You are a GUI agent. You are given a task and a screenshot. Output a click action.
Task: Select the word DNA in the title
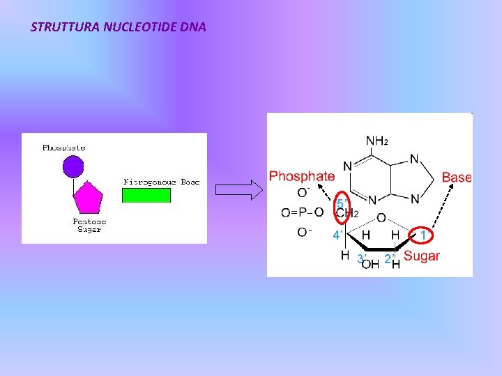coord(192,28)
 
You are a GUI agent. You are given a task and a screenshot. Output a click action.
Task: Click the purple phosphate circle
coord(73,166)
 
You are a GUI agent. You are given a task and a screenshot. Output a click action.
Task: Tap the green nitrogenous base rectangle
coord(146,195)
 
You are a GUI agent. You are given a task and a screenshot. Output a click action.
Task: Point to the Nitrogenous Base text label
coord(161,182)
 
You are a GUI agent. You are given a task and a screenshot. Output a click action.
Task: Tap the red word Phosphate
coord(301,176)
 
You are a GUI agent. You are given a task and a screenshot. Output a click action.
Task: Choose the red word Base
coord(457,178)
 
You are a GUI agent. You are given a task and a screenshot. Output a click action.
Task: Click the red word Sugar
coord(422,256)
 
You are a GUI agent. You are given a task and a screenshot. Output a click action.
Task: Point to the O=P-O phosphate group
coord(302,212)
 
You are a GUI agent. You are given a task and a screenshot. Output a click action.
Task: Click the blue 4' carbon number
coord(337,235)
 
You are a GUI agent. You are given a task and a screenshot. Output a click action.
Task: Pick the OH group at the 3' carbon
coord(370,263)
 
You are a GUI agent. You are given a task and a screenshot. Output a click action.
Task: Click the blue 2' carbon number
coord(390,259)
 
